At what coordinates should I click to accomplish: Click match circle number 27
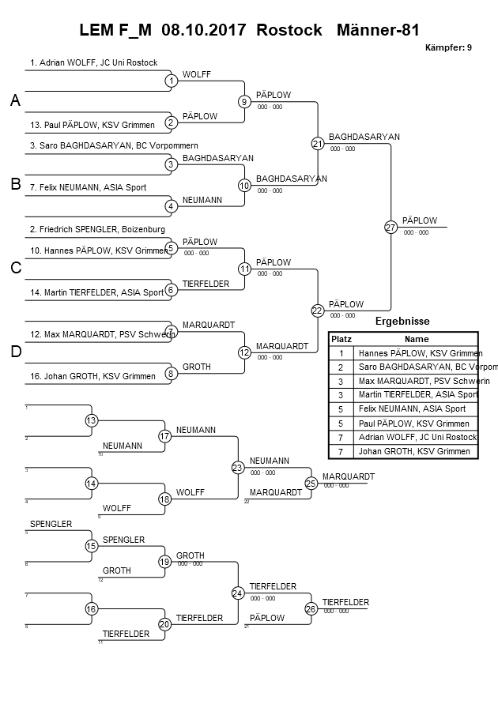(390, 228)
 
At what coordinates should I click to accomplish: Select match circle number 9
(244, 101)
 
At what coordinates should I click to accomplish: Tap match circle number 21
(317, 143)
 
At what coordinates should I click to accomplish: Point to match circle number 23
(238, 467)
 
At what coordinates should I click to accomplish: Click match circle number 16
(91, 609)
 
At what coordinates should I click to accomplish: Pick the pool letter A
(14, 100)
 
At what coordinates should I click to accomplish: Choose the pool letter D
(14, 352)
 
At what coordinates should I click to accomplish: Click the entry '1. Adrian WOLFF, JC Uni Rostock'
(93, 62)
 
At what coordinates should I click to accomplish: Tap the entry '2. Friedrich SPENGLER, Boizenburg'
(97, 229)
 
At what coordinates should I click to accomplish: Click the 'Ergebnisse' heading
(402, 322)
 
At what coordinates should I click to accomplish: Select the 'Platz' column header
(341, 338)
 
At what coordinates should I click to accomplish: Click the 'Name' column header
(416, 338)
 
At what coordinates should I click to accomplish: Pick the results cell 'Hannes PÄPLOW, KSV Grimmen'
(420, 353)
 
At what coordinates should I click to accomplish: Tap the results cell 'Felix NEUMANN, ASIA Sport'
(412, 409)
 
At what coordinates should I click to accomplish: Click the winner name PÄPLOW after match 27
(419, 220)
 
